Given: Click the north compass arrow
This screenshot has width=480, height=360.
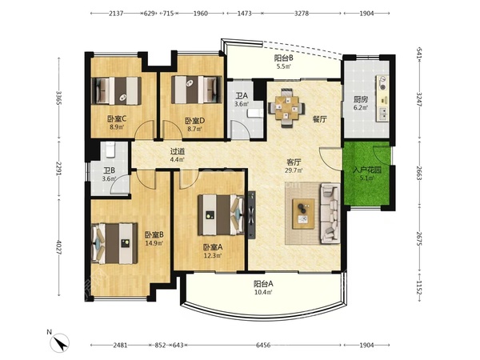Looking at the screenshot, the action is click(x=62, y=343).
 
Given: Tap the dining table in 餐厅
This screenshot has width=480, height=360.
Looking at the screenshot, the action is click(x=286, y=108).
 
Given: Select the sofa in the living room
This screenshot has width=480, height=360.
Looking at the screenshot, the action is click(x=330, y=214).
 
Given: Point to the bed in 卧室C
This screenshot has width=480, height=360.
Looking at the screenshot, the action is click(x=117, y=91).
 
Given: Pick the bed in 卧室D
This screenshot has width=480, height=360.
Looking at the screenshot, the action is click(x=197, y=90).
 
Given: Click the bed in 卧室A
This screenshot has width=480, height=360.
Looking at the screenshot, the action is click(x=221, y=215).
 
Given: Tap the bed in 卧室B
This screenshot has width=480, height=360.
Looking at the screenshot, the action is click(x=114, y=243).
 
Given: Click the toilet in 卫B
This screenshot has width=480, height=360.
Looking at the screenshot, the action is click(x=110, y=150).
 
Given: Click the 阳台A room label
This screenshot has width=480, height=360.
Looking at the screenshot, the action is click(x=263, y=284).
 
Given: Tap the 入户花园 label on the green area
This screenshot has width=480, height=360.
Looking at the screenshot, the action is click(x=367, y=170).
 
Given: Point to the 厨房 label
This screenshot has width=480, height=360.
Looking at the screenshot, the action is click(x=361, y=99).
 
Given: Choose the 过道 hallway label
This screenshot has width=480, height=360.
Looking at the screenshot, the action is click(x=178, y=151).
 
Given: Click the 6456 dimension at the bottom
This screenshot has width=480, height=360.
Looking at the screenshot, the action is click(x=263, y=346).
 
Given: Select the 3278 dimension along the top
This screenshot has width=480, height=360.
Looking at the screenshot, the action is click(x=302, y=14).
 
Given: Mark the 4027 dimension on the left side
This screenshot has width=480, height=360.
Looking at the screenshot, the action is click(x=59, y=248).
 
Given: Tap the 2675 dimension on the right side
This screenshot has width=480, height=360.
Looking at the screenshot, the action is click(x=419, y=238).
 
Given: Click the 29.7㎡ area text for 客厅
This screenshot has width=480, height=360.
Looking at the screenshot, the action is click(x=294, y=170).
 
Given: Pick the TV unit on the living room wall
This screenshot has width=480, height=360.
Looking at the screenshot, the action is click(x=252, y=215).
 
